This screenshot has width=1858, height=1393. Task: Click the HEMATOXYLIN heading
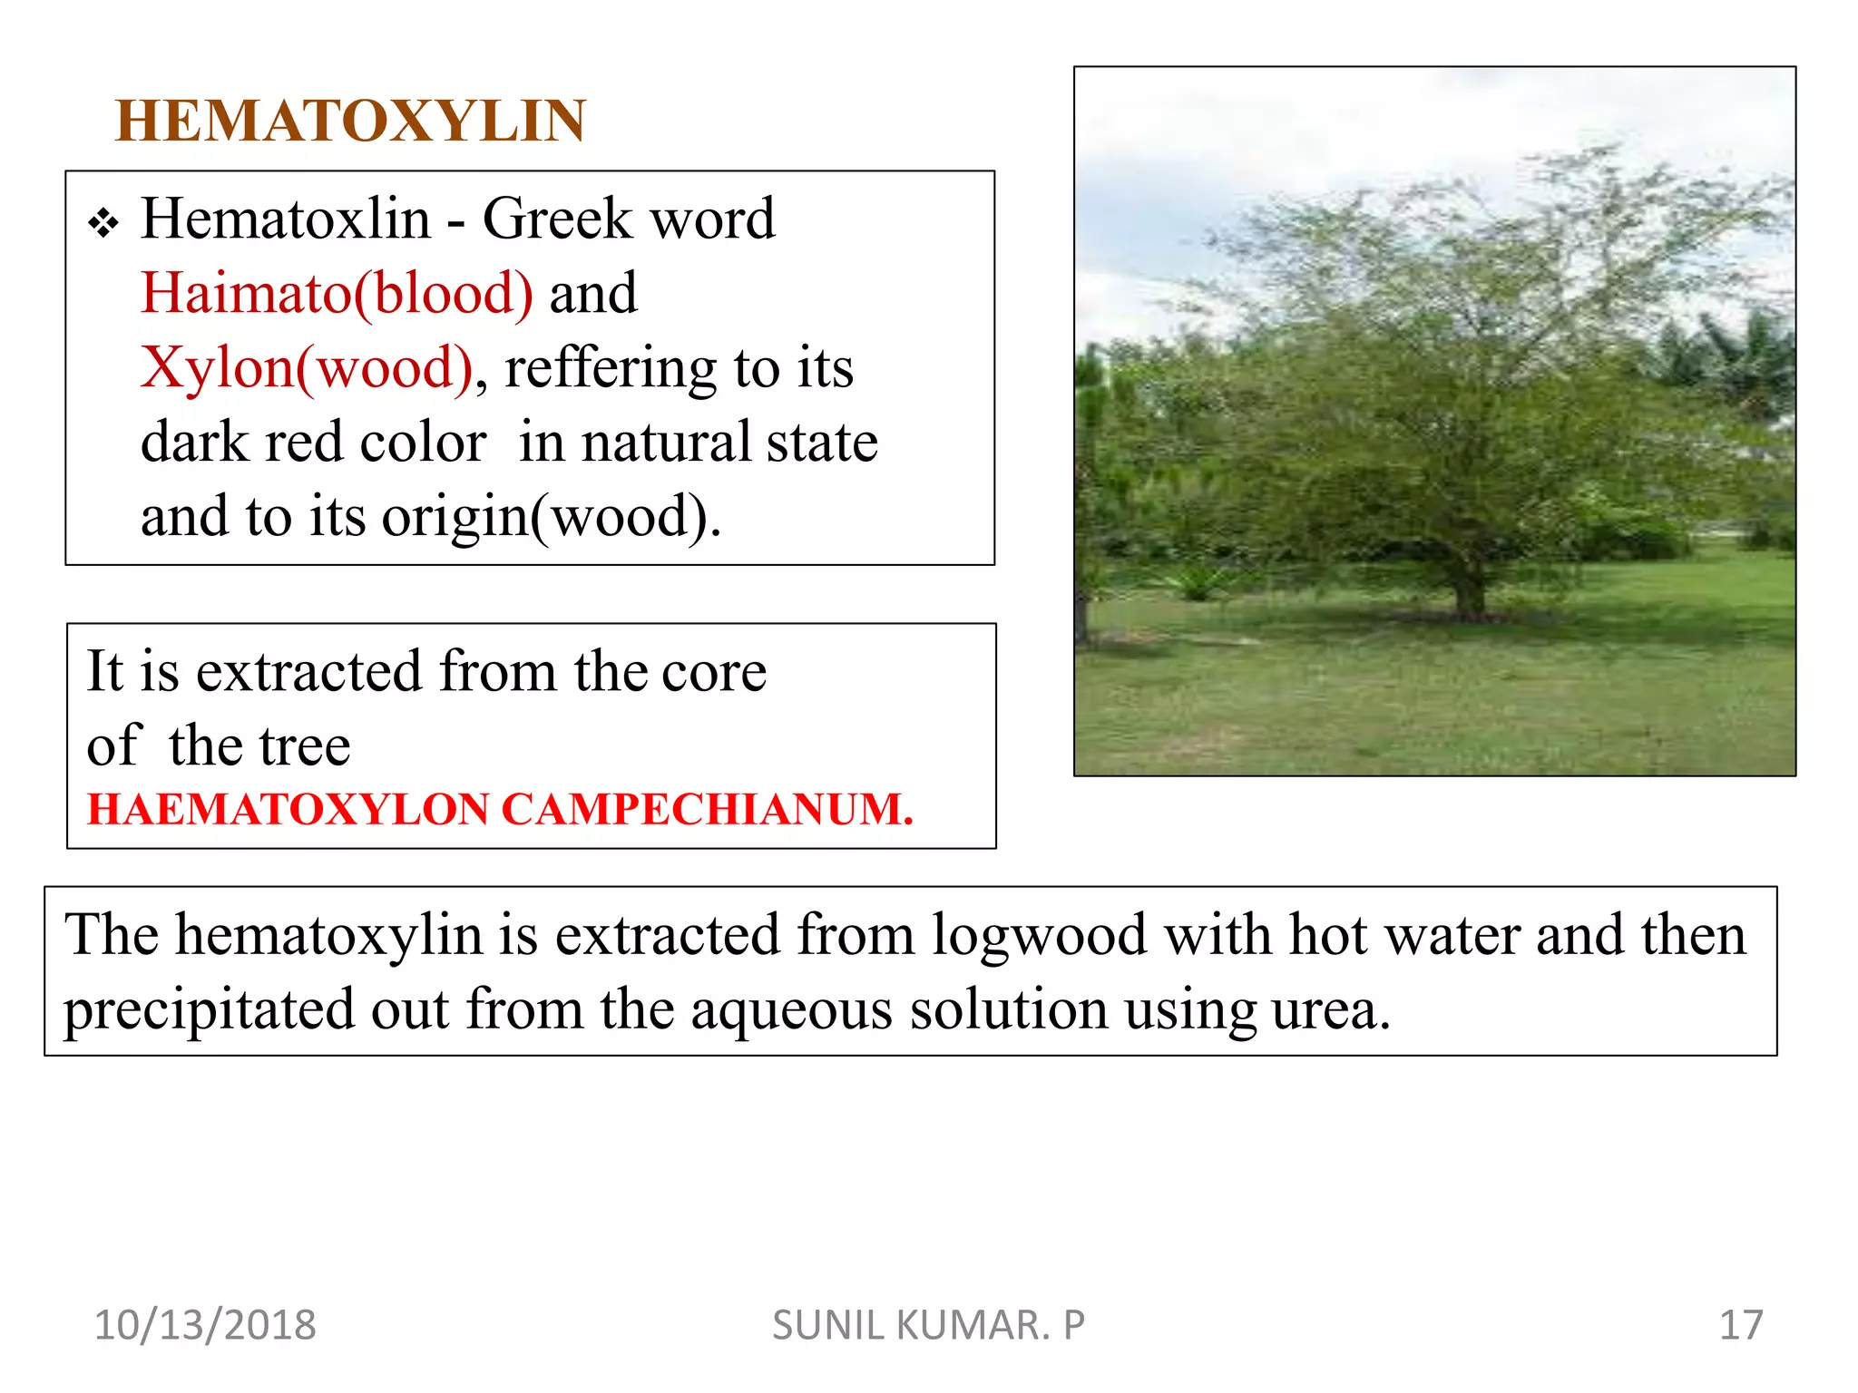(x=350, y=121)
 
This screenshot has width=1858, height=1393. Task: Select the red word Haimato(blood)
(x=337, y=294)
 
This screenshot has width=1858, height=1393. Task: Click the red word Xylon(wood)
(x=307, y=368)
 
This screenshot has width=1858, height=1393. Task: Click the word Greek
(x=556, y=219)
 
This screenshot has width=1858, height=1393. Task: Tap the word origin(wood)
(x=552, y=517)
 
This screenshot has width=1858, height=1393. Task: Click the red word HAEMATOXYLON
(x=288, y=809)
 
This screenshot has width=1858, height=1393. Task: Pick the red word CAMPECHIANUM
(x=707, y=809)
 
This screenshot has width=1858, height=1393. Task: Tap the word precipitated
(x=209, y=1009)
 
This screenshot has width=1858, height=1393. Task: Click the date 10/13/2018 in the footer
(x=205, y=1325)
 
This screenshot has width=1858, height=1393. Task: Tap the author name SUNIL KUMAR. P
(x=928, y=1325)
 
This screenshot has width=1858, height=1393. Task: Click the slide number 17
(x=1740, y=1325)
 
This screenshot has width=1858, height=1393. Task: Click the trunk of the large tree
(x=1467, y=595)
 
